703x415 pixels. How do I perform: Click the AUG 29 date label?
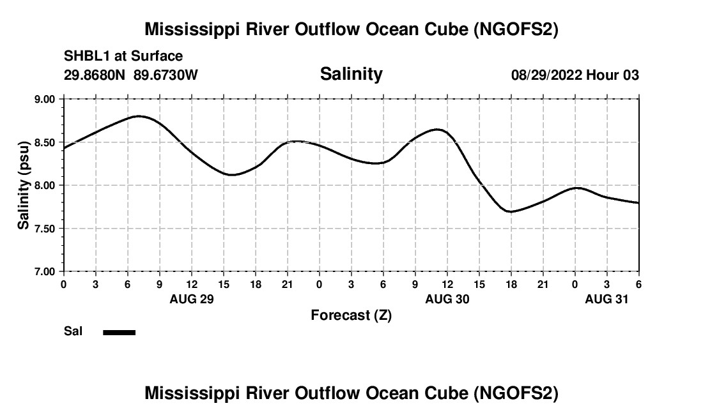(x=191, y=299)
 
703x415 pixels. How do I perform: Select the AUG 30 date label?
(x=447, y=299)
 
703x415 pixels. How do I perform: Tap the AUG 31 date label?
(x=607, y=299)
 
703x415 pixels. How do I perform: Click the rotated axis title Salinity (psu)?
(x=24, y=185)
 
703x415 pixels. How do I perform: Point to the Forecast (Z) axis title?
(x=351, y=315)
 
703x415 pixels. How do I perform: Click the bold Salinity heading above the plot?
(x=351, y=74)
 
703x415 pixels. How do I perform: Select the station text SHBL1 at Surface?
(x=123, y=56)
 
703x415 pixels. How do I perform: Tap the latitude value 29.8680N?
(x=96, y=75)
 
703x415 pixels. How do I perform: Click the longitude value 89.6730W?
(x=166, y=75)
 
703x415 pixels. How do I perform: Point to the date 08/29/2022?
(x=546, y=75)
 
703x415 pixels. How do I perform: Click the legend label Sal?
(x=73, y=332)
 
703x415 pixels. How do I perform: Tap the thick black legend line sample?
(x=120, y=332)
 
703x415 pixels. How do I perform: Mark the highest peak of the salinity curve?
(x=139, y=116)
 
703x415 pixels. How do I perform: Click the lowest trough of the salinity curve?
(x=510, y=211)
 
